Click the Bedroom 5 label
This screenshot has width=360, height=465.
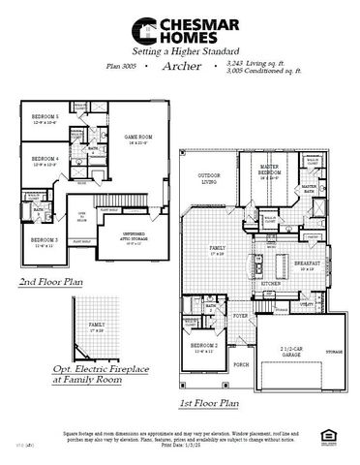(x=45, y=117)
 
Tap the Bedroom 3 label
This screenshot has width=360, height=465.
(x=44, y=241)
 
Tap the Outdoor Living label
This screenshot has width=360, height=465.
(x=210, y=178)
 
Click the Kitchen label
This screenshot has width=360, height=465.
(x=270, y=284)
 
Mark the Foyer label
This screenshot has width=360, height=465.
(x=239, y=315)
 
